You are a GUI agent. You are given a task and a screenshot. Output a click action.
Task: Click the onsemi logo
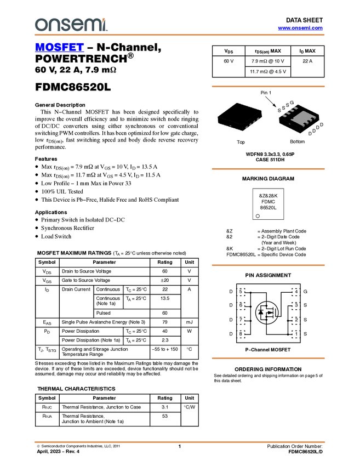71,25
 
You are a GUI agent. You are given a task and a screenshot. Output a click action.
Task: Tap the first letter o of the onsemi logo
39,25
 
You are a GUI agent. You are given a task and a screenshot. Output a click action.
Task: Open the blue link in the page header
300,28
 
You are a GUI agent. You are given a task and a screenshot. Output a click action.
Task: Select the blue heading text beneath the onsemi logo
59,48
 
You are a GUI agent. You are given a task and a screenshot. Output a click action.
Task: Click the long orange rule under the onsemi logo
180,35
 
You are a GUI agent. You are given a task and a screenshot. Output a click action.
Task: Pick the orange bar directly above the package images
268,87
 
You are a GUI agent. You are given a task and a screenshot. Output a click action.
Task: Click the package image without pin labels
239,117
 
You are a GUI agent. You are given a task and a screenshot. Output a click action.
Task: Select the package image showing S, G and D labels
300,117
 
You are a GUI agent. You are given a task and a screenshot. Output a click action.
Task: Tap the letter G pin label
292,103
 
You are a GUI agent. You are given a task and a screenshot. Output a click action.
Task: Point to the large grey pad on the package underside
298,118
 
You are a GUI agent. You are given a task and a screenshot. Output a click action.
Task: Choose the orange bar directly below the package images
268,169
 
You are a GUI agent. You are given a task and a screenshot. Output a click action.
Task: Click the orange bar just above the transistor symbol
268,265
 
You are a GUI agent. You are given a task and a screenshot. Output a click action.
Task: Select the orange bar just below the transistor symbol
268,358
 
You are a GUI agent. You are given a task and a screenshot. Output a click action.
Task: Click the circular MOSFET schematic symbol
267,312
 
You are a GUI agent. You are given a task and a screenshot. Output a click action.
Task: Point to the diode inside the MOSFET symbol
260,312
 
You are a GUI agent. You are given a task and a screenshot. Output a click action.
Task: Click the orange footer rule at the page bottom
180,441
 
